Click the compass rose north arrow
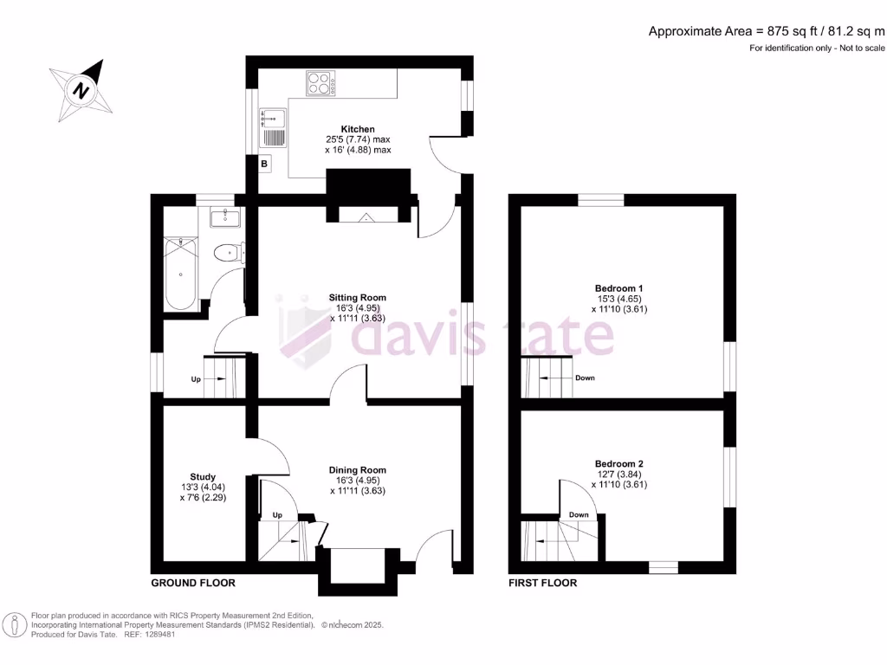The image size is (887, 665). (81, 89)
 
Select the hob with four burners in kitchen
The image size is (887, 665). (320, 83)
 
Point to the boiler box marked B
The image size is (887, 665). (264, 163)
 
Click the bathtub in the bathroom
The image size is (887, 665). (180, 274)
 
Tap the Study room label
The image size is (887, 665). (203, 476)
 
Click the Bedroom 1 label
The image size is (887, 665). (619, 288)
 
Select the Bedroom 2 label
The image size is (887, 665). (619, 464)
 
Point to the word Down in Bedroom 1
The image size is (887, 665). (585, 378)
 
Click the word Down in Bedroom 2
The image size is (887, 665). (579, 515)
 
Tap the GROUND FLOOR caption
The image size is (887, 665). (193, 583)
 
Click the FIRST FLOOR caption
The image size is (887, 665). (543, 583)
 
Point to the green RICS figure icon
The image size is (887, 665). (16, 624)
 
